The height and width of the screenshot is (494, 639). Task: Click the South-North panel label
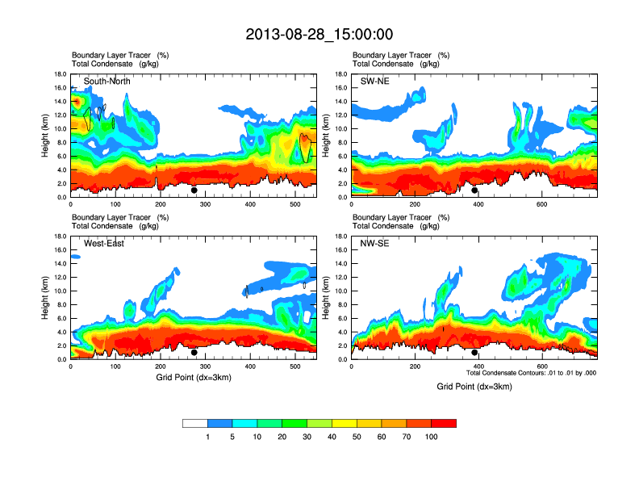pyautogui.click(x=107, y=82)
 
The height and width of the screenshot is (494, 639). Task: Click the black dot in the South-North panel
pyautogui.click(x=194, y=190)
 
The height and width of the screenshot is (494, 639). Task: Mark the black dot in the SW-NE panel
pyautogui.click(x=475, y=190)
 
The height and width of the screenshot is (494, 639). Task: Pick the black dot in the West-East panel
pyautogui.click(x=194, y=352)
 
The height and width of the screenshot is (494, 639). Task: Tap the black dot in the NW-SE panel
pyautogui.click(x=475, y=352)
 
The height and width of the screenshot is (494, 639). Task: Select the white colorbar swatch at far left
pyautogui.click(x=195, y=423)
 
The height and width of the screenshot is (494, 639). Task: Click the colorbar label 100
pyautogui.click(x=432, y=437)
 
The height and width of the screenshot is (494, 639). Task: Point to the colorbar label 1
pyautogui.click(x=208, y=437)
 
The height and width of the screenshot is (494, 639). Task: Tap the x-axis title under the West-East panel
pyautogui.click(x=194, y=377)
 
